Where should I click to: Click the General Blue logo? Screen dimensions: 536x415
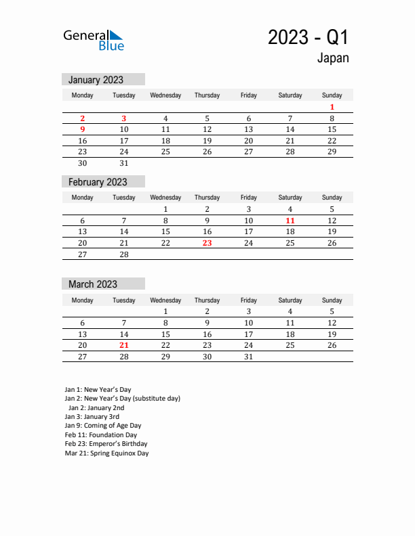[x=94, y=40]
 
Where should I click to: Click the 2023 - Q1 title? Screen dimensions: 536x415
[x=308, y=37]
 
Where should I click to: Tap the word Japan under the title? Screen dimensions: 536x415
[x=332, y=58]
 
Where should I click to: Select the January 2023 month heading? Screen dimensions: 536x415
[x=96, y=80]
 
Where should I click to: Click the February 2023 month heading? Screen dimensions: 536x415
[x=98, y=182]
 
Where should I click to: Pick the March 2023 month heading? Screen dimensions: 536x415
[x=93, y=284]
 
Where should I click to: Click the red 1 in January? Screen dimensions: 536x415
[x=332, y=107]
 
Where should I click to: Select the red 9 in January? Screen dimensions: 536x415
[x=82, y=129]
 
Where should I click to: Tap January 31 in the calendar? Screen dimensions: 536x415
[x=123, y=163]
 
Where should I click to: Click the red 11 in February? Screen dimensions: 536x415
[x=290, y=221]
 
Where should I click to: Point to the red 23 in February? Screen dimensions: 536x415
[x=207, y=243]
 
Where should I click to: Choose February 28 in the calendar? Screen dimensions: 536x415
[x=123, y=254]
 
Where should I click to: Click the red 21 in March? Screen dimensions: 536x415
[x=123, y=345]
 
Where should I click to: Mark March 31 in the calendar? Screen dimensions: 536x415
[x=248, y=357]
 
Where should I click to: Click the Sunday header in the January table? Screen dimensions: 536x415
[x=332, y=95]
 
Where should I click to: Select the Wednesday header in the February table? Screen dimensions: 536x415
[x=165, y=198]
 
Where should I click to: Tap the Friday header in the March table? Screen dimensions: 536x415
[x=248, y=300]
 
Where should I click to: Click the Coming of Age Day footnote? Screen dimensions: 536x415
[x=103, y=426]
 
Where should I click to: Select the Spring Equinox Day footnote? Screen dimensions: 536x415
[x=106, y=453]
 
